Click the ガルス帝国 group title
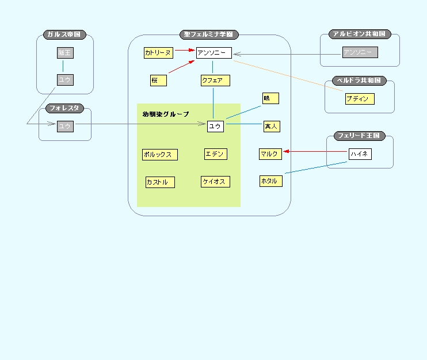tap(64, 35)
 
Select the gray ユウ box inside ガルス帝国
tap(65, 80)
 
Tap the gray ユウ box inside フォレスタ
tap(65, 126)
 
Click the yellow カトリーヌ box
tap(158, 53)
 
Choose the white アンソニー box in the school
tap(213, 53)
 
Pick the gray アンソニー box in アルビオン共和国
tap(360, 53)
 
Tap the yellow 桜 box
tap(158, 81)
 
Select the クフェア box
tap(215, 81)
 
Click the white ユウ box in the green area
tap(215, 126)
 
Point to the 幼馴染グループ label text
tap(166, 114)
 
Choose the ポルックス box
tap(160, 155)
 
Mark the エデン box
tap(215, 154)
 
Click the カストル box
tap(160, 182)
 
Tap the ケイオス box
tap(215, 182)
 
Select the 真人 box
tap(271, 126)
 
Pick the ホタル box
tap(270, 181)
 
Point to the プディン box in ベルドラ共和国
tap(360, 99)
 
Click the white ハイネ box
tap(360, 154)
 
